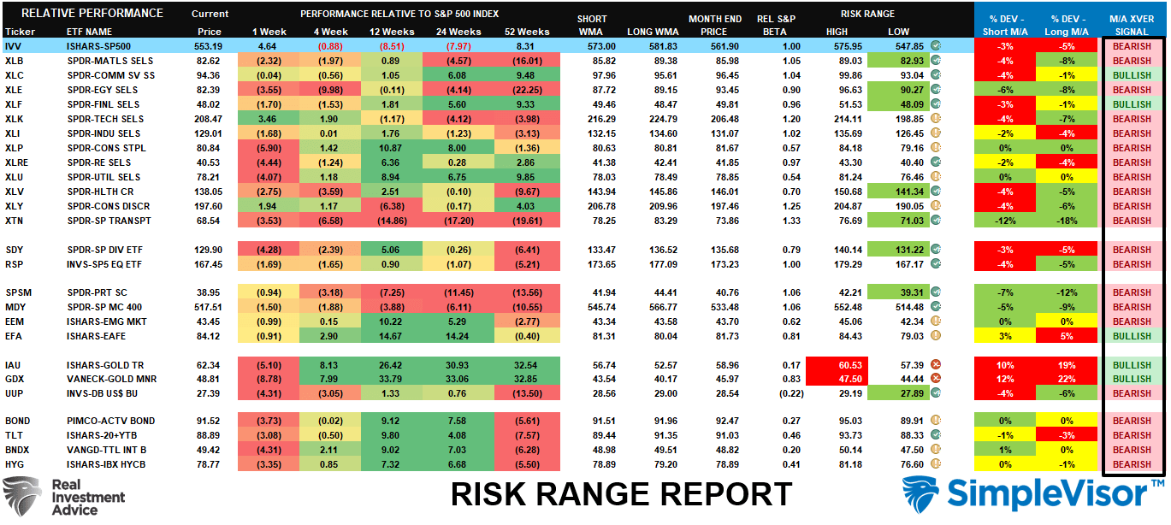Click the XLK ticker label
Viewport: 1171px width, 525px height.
click(x=15, y=119)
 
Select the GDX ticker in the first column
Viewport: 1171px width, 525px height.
click(x=15, y=379)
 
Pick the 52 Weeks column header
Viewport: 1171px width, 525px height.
click(x=527, y=32)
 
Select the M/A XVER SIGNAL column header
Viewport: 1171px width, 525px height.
click(x=1132, y=25)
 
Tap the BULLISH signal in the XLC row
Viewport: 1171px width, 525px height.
click(x=1132, y=75)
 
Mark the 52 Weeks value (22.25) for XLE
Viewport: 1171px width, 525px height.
click(x=527, y=90)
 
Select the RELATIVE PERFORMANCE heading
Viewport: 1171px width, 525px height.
click(x=92, y=13)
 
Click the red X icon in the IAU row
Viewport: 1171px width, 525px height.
click(x=936, y=365)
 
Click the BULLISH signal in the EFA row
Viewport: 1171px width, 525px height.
click(x=1132, y=336)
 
